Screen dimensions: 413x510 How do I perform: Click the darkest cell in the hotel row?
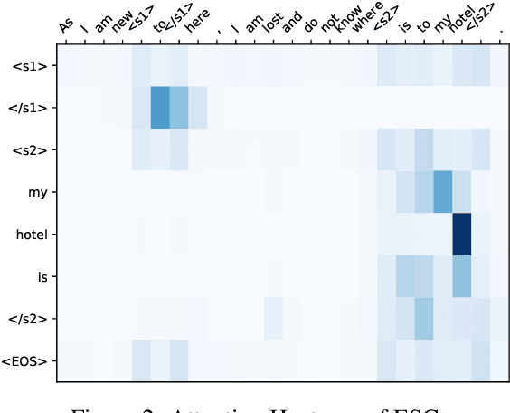point(462,235)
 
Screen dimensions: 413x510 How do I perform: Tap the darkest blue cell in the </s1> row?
point(160,109)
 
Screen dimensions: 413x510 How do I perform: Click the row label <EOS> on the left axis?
point(32,360)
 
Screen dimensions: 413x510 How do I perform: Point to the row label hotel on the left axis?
point(35,235)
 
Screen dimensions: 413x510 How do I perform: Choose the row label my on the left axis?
point(40,193)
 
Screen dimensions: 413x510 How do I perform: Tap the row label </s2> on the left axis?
point(33,319)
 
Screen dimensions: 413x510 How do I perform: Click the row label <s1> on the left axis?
point(34,67)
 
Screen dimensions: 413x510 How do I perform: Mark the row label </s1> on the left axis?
point(33,109)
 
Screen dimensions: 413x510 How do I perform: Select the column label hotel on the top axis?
point(462,25)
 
